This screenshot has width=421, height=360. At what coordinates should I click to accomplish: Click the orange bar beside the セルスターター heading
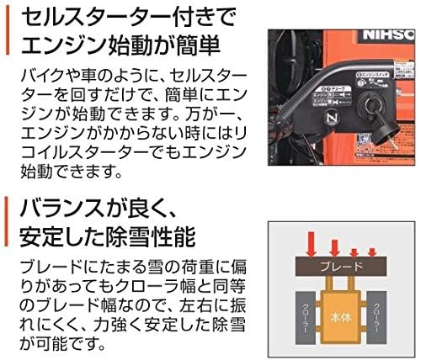click(x=7, y=33)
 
